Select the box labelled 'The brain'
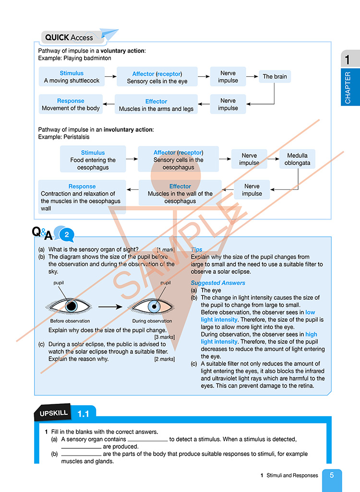click(x=275, y=77)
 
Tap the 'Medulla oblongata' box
click(x=297, y=159)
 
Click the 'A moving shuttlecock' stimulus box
click(x=72, y=77)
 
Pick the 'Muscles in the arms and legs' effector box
click(x=156, y=105)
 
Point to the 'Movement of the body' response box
click(x=71, y=105)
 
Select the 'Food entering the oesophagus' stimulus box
click(x=93, y=160)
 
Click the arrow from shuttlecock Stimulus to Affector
click(x=110, y=76)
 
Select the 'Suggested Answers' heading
click(x=218, y=283)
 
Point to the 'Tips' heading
click(x=197, y=250)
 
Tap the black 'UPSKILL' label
click(x=53, y=412)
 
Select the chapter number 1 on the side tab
click(x=348, y=60)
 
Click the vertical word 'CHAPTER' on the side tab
click(x=348, y=88)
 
